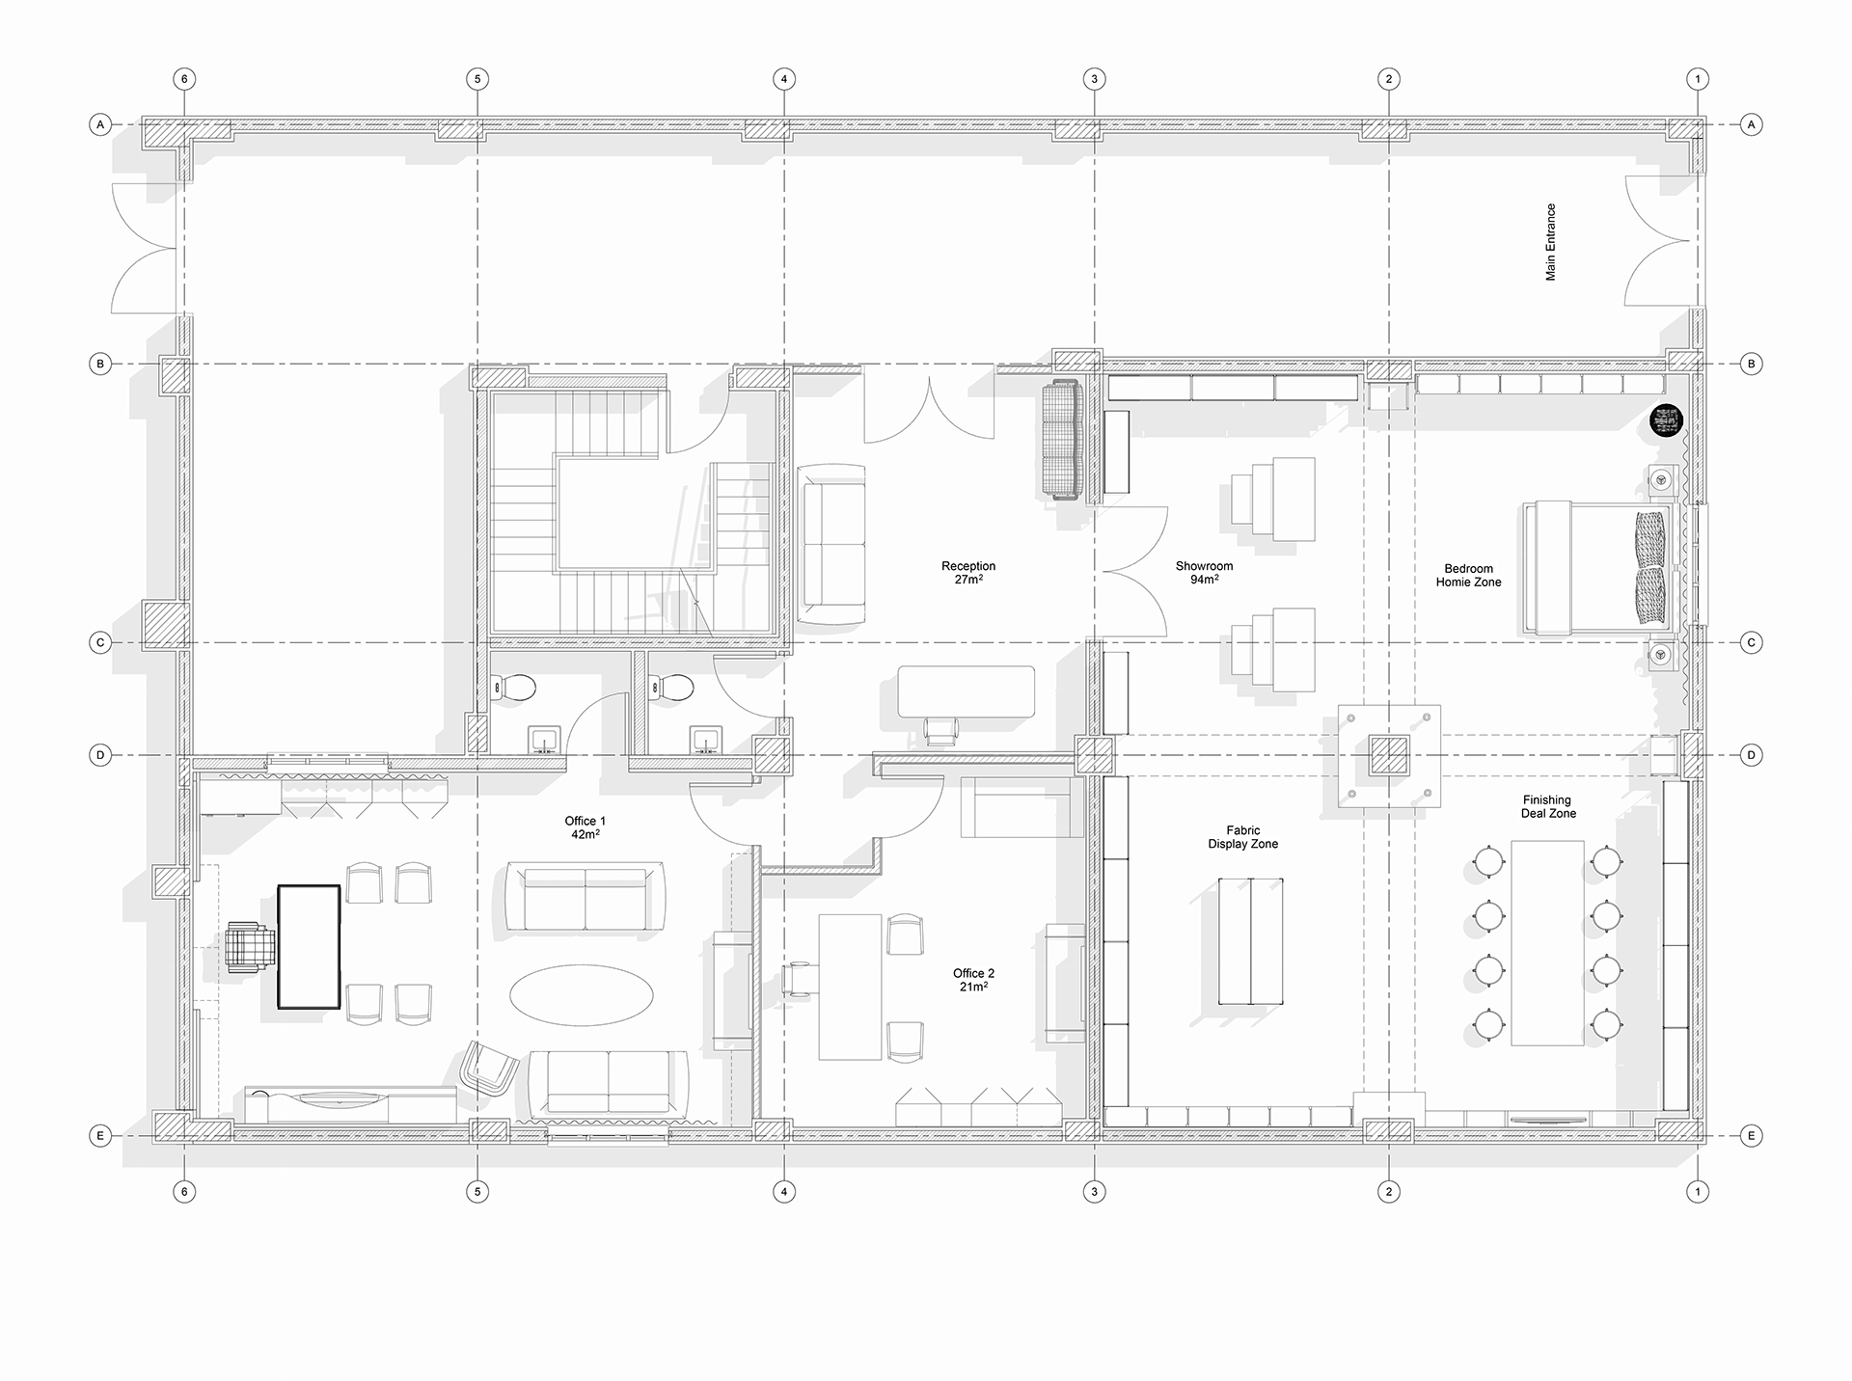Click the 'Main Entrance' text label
1550,242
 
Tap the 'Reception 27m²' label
968,573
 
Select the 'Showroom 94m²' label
1204,573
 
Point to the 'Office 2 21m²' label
973,980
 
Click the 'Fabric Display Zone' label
1243,837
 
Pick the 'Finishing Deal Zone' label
1547,807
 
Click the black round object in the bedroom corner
1666,421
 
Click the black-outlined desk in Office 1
309,946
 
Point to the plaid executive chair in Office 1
248,947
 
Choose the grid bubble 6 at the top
184,79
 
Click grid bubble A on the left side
99,124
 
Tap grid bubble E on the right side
1752,1136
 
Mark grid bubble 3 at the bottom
1094,1192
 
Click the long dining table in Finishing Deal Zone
1546,943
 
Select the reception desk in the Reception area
966,691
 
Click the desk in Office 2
850,987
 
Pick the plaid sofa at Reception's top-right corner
1064,441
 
